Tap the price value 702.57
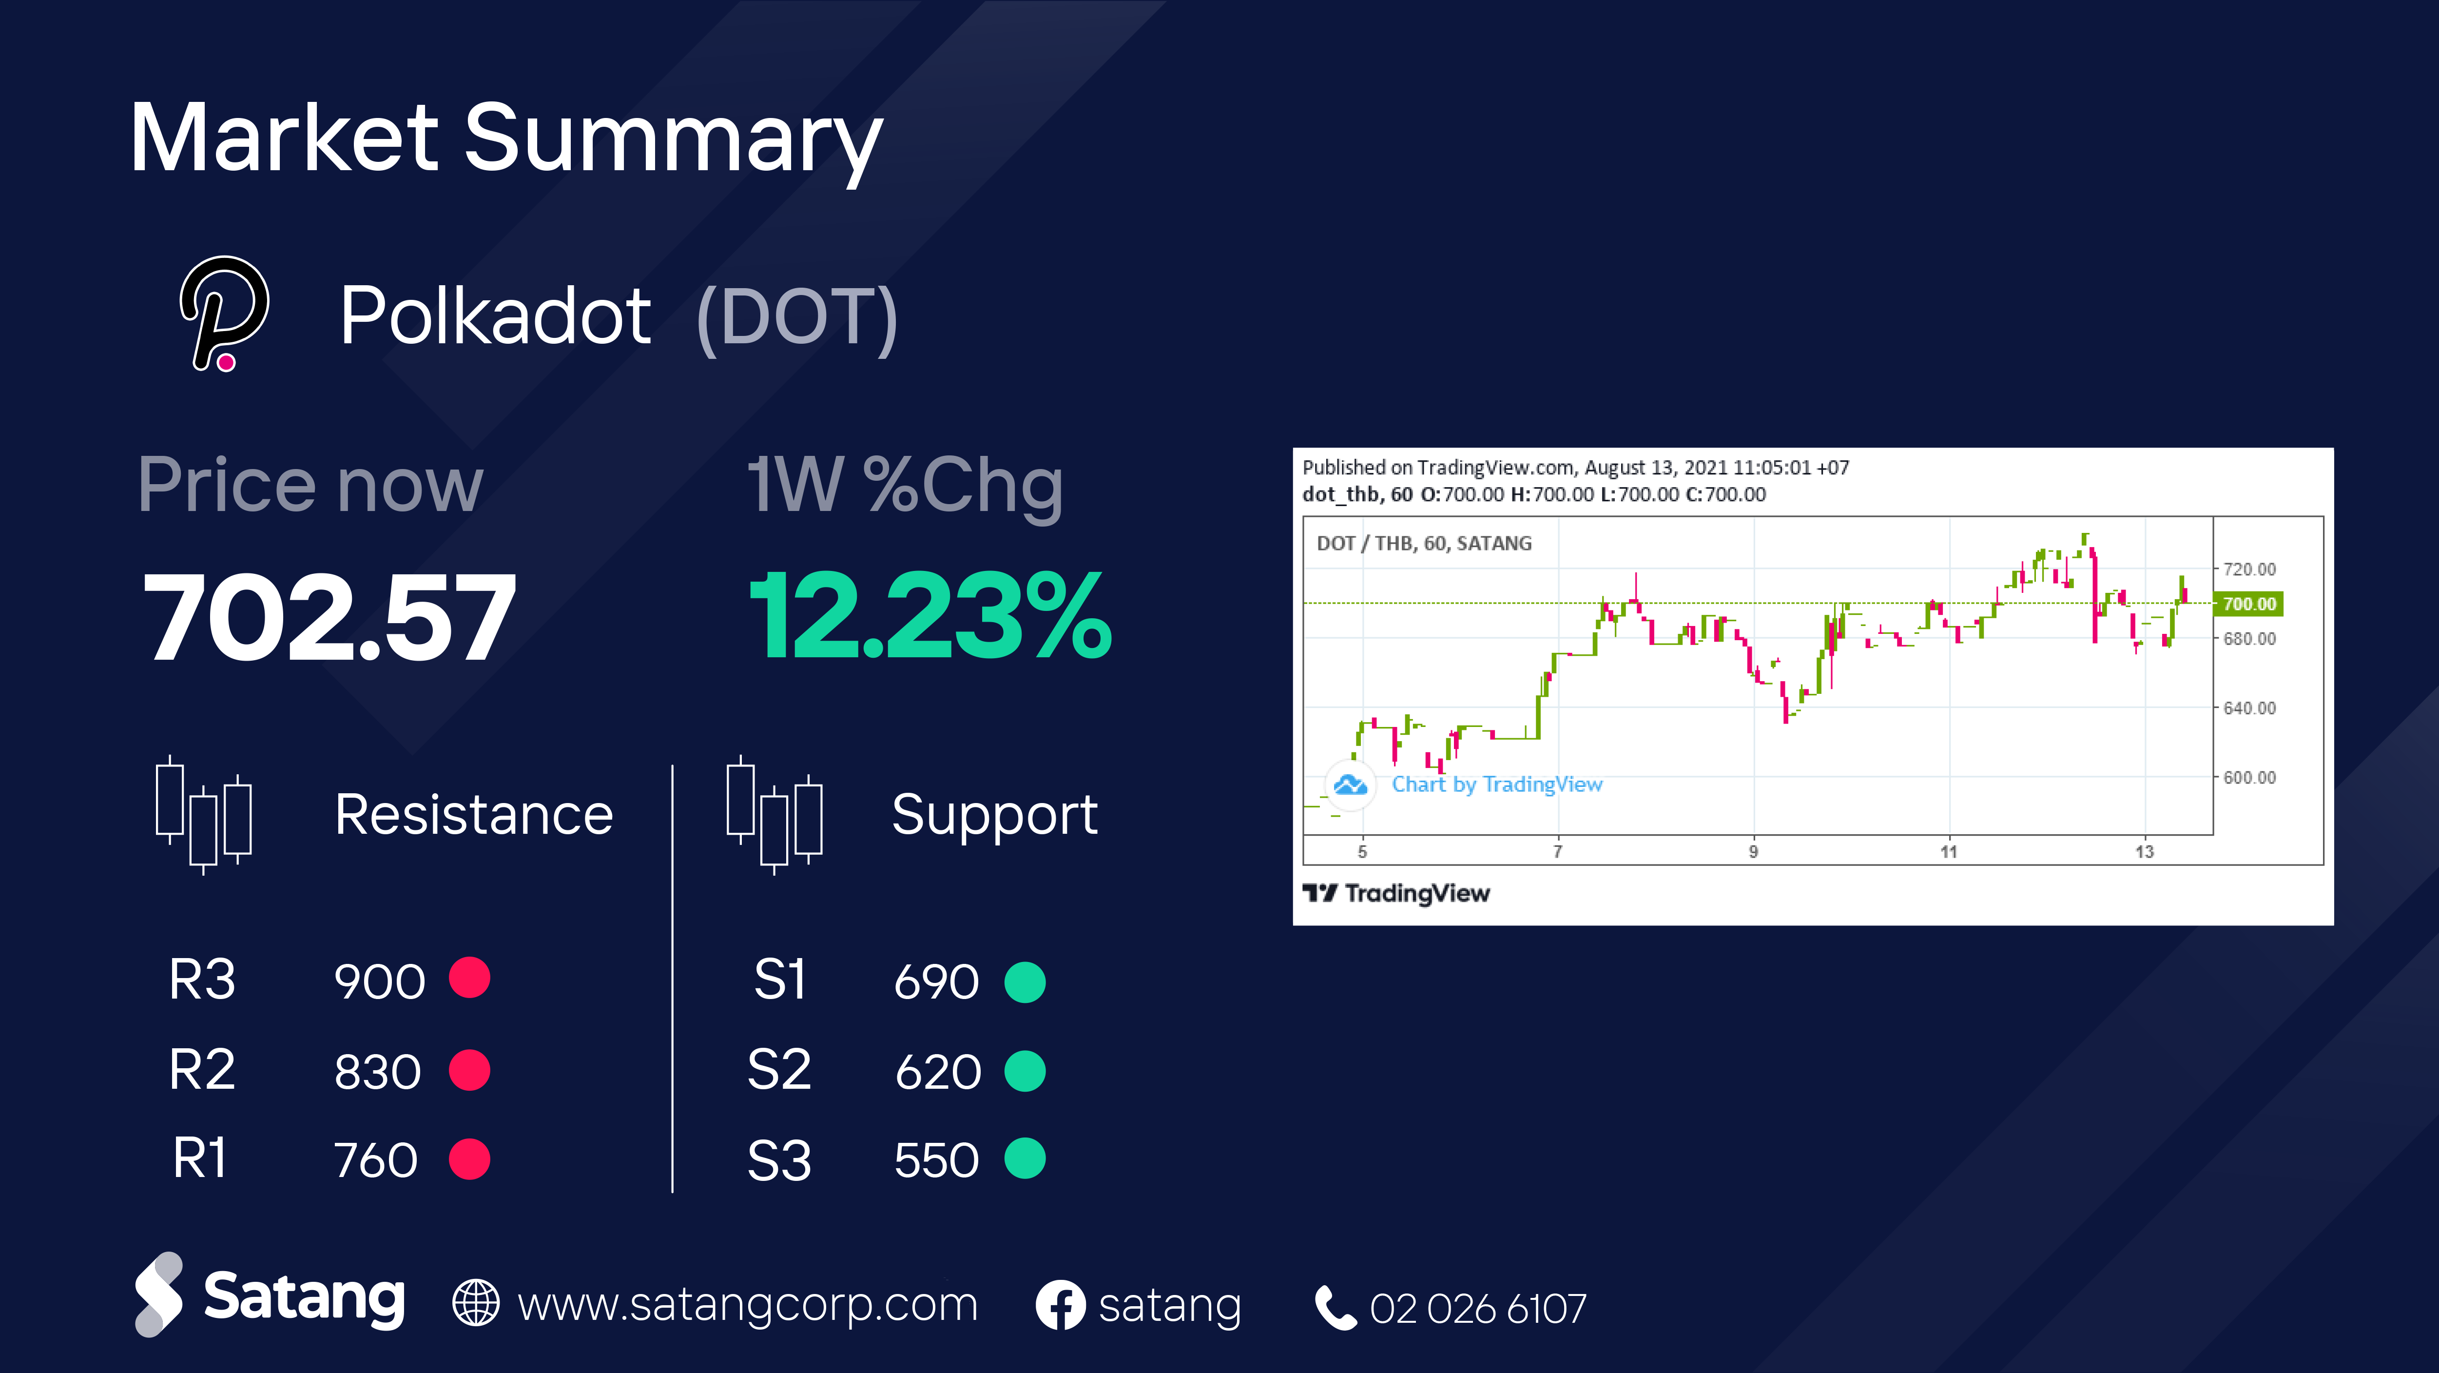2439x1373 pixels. coord(329,617)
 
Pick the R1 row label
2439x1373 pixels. coord(200,1158)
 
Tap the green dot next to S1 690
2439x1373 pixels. coord(1025,982)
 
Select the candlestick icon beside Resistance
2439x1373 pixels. coord(204,814)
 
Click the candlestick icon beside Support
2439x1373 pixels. coord(774,814)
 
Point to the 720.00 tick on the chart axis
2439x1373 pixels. coord(2249,569)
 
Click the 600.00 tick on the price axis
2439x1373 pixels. coord(2249,777)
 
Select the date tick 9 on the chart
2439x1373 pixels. coord(1754,851)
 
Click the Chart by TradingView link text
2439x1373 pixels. coord(1497,784)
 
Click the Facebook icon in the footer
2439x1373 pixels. coord(1061,1305)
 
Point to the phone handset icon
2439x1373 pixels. coord(1336,1308)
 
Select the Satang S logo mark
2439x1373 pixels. coord(158,1295)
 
